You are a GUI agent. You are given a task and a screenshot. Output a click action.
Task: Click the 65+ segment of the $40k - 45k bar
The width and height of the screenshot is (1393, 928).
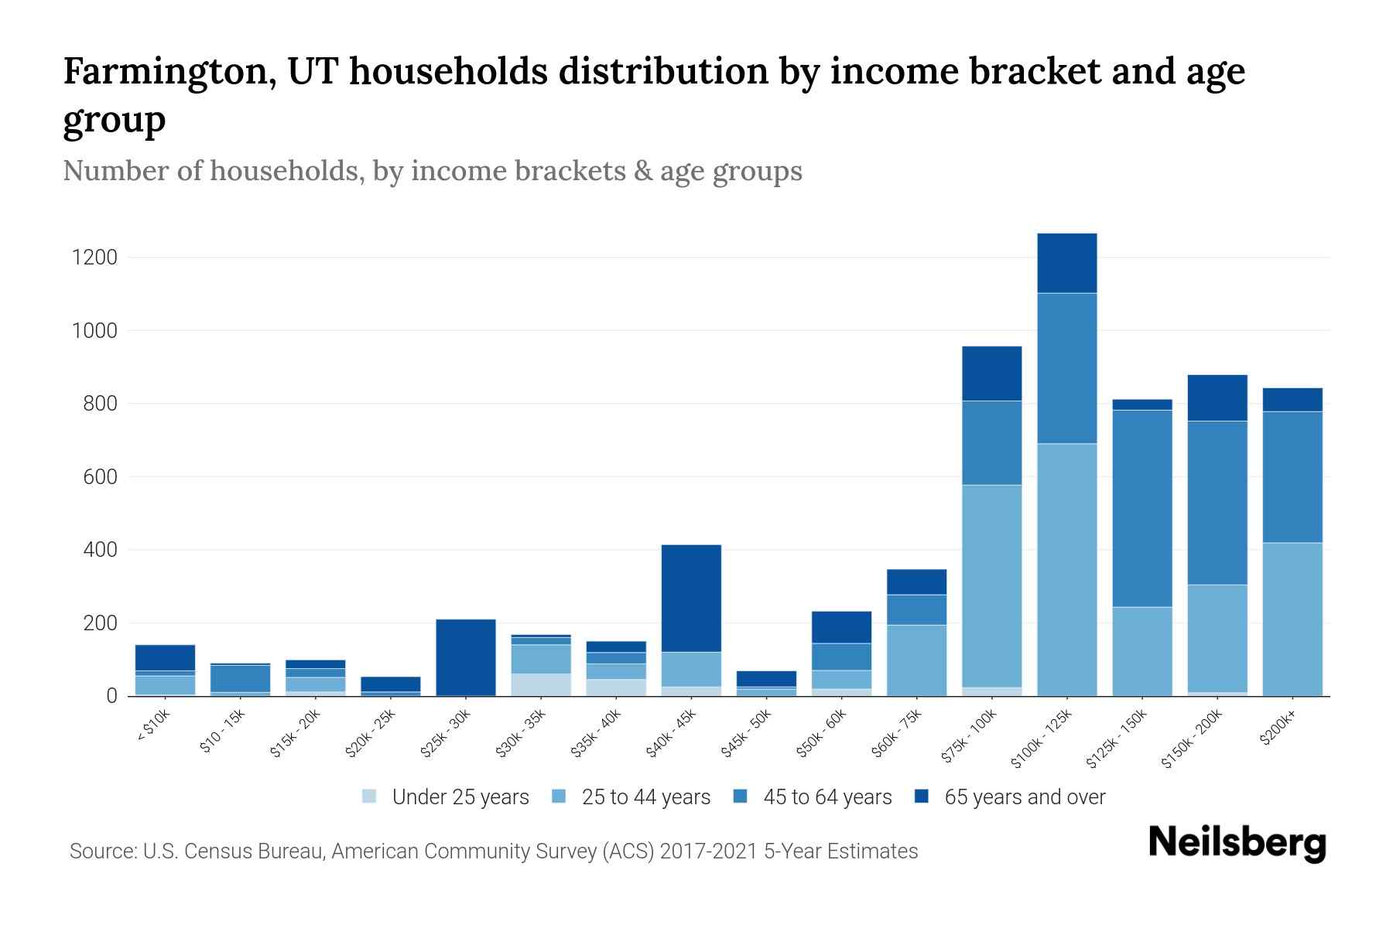coord(691,598)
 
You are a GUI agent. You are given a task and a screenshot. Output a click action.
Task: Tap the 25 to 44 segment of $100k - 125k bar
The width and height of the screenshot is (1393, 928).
coord(1067,569)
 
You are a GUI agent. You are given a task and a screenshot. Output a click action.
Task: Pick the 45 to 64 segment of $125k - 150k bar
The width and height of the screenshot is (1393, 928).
coord(1142,508)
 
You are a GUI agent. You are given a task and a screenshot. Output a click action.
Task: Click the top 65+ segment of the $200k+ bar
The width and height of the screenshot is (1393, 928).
coord(1292,400)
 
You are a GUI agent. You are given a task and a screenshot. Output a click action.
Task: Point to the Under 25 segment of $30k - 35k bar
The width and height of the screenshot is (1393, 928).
coord(541,684)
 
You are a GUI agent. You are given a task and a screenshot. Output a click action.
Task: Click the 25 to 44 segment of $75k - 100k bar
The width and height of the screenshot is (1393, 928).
coord(992,585)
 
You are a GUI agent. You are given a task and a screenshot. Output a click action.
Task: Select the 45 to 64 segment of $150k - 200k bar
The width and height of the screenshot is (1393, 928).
coord(1217,503)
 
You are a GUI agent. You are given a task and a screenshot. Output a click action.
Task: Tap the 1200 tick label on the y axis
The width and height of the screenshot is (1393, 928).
coord(94,258)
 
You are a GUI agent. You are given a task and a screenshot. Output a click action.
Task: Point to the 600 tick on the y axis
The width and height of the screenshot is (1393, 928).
coord(101,477)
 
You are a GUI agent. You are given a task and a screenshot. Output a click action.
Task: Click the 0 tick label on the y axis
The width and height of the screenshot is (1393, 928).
coord(112,696)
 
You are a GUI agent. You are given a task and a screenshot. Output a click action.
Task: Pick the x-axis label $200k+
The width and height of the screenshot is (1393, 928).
coord(1277,728)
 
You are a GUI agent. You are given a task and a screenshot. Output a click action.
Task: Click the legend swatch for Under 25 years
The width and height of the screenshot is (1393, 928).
coord(370,797)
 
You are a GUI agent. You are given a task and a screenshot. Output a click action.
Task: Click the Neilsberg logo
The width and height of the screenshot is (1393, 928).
coord(1237,842)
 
